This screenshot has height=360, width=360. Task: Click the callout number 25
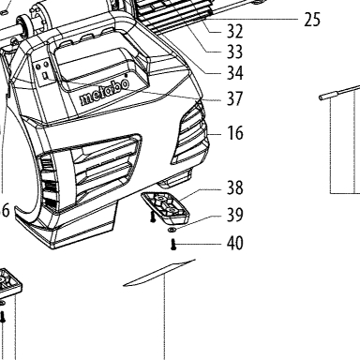pyautogui.click(x=312, y=20)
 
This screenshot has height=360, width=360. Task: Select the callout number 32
pyautogui.click(x=234, y=31)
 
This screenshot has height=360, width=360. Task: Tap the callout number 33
pyautogui.click(x=234, y=52)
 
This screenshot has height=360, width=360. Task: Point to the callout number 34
pyautogui.click(x=234, y=73)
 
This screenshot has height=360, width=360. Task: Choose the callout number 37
pyautogui.click(x=234, y=98)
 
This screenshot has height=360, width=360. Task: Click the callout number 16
pyautogui.click(x=234, y=133)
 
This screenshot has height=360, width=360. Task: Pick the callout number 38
pyautogui.click(x=234, y=187)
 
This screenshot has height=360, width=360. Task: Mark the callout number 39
pyautogui.click(x=234, y=215)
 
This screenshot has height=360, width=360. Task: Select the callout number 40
pyautogui.click(x=234, y=243)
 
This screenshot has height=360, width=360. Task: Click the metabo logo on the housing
pyautogui.click(x=104, y=92)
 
